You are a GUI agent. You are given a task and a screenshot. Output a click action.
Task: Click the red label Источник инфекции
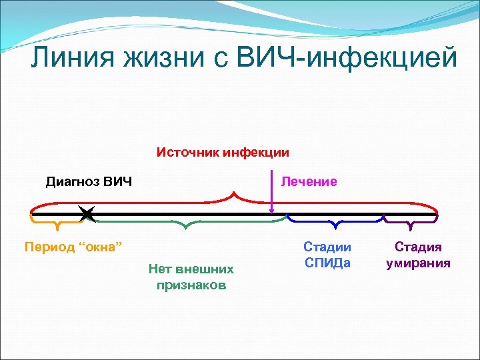pos(223,152)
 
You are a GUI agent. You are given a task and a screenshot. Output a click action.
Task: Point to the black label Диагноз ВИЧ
pos(89,181)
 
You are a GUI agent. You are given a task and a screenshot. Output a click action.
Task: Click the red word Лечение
pos(309,181)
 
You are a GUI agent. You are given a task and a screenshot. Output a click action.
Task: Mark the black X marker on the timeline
pos(87,213)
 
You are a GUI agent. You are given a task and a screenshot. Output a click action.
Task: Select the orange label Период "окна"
pos(73,247)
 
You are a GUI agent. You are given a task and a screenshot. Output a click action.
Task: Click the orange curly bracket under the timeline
pos(58,220)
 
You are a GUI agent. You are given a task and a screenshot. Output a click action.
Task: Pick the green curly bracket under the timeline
pos(191,222)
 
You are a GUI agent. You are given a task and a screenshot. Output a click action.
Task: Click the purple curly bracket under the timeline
pos(411,220)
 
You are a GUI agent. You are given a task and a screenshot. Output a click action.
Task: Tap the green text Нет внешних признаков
pos(191,277)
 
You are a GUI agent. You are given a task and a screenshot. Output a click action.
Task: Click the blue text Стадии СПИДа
pos(327,255)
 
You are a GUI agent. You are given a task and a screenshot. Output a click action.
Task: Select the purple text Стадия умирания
pos(419,255)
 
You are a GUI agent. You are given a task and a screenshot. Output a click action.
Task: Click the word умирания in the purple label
pos(419,263)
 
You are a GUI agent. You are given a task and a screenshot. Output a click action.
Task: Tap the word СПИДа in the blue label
pos(327,263)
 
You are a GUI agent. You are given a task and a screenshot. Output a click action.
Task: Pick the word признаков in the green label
pos(191,285)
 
